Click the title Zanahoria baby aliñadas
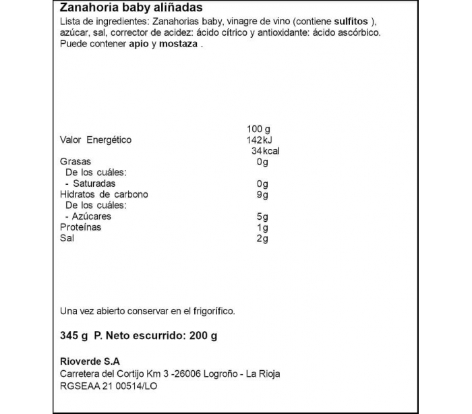click(119, 8)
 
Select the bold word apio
click(140, 45)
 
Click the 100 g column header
click(258, 129)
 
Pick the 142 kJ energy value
click(258, 140)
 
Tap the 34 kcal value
click(264, 151)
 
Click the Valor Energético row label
click(96, 140)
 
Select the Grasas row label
click(76, 162)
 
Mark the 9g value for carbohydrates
click(262, 195)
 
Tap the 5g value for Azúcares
click(262, 216)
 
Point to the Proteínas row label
click(81, 227)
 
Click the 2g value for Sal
click(262, 238)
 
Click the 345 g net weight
click(74, 335)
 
